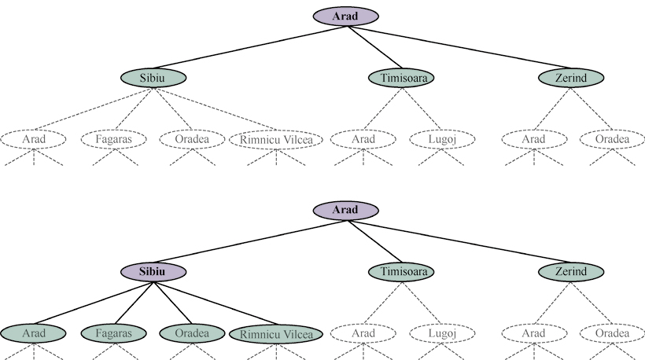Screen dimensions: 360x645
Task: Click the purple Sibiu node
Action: [x=153, y=271]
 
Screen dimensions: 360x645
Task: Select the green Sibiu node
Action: [x=153, y=78]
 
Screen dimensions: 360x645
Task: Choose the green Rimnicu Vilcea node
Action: [x=276, y=333]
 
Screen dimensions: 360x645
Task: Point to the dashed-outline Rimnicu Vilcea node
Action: [x=276, y=140]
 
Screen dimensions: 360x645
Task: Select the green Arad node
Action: [x=34, y=333]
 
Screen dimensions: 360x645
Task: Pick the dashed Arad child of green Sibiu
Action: [x=34, y=140]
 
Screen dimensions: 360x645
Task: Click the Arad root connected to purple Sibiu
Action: [x=346, y=210]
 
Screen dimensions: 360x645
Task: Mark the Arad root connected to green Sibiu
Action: [x=346, y=16]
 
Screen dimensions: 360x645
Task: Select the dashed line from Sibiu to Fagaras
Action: [x=133, y=109]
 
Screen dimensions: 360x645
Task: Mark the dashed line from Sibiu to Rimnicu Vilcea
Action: [x=214, y=108]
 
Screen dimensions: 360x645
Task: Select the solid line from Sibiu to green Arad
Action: [x=94, y=302]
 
